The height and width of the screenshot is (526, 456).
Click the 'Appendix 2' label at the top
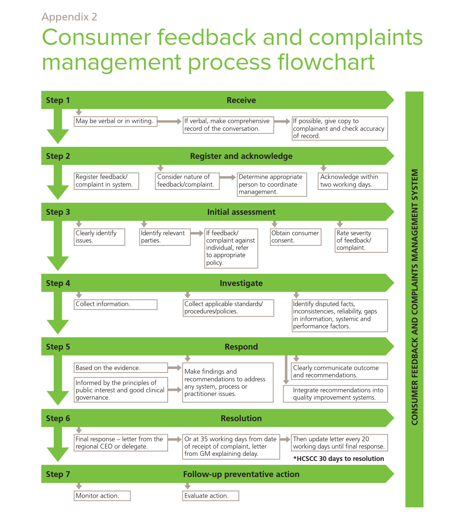pos(69,17)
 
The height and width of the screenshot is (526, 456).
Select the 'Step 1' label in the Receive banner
pos(58,100)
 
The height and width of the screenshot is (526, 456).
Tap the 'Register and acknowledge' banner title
pos(241,156)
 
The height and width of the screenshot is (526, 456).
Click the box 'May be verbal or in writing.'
pos(115,121)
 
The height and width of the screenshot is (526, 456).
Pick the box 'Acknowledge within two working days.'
pos(352,181)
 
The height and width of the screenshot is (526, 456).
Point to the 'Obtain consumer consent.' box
pos(295,237)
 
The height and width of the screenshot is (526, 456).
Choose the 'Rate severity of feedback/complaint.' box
pos(361,240)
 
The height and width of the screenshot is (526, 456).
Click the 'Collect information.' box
pos(115,304)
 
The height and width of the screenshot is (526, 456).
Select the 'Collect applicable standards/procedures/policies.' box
pos(228,308)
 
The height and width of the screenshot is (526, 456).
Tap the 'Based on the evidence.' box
pos(120,368)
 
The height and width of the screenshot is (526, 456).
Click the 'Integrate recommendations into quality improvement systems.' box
pos(335,394)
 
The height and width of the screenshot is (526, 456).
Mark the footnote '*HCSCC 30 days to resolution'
pos(339,459)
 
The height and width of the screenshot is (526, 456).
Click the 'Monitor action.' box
pos(102,496)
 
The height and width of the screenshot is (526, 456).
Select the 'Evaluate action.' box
pos(210,496)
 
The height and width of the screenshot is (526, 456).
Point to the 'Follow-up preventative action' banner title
pos(241,474)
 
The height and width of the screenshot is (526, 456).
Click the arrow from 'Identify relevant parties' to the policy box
pos(197,233)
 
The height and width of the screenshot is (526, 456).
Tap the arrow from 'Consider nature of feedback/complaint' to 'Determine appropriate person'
pos(228,177)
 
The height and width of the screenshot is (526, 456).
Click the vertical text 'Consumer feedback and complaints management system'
pos(414,297)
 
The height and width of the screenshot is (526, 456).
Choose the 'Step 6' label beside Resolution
pos(58,418)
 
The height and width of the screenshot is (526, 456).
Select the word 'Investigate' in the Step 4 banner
pos(241,283)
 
